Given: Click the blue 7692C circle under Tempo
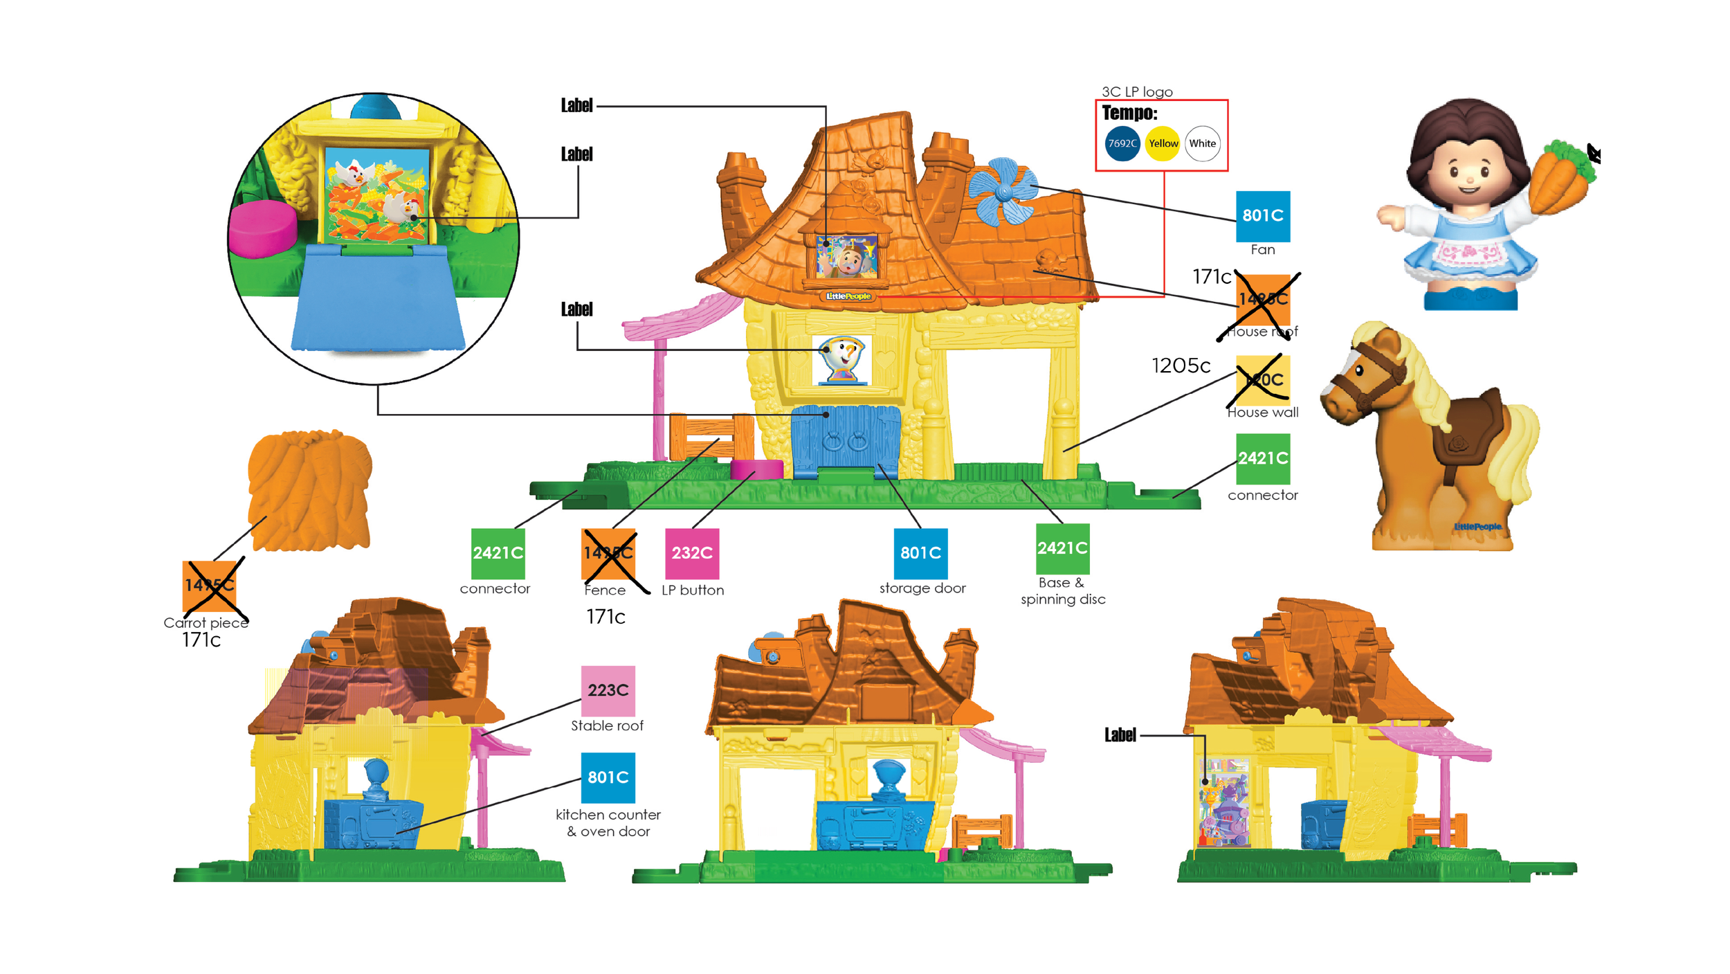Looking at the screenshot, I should coord(1122,143).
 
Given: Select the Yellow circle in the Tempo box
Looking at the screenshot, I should coord(1163,143).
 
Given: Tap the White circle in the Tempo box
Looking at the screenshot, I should coord(1203,143).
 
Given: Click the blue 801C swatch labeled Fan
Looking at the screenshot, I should coord(1263,216).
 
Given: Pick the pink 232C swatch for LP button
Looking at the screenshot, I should coord(692,553).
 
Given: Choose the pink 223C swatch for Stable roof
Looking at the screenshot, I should coord(608,690).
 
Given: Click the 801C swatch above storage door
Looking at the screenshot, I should coord(920,553).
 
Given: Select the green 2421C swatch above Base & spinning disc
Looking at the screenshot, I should coord(1062,548).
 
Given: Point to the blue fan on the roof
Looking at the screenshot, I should coord(1001,191).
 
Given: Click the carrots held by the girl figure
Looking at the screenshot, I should coord(1561,178).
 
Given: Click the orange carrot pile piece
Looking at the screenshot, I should coord(309,490).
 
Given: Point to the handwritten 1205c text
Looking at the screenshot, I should coord(1181,366).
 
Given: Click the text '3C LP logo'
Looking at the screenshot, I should coord(1137,92).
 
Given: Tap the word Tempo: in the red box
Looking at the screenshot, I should coord(1129,113).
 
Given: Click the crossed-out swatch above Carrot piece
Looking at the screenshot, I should coord(209,586).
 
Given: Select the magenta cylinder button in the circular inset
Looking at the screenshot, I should coord(263,229).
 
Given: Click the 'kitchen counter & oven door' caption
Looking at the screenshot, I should coord(608,822).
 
